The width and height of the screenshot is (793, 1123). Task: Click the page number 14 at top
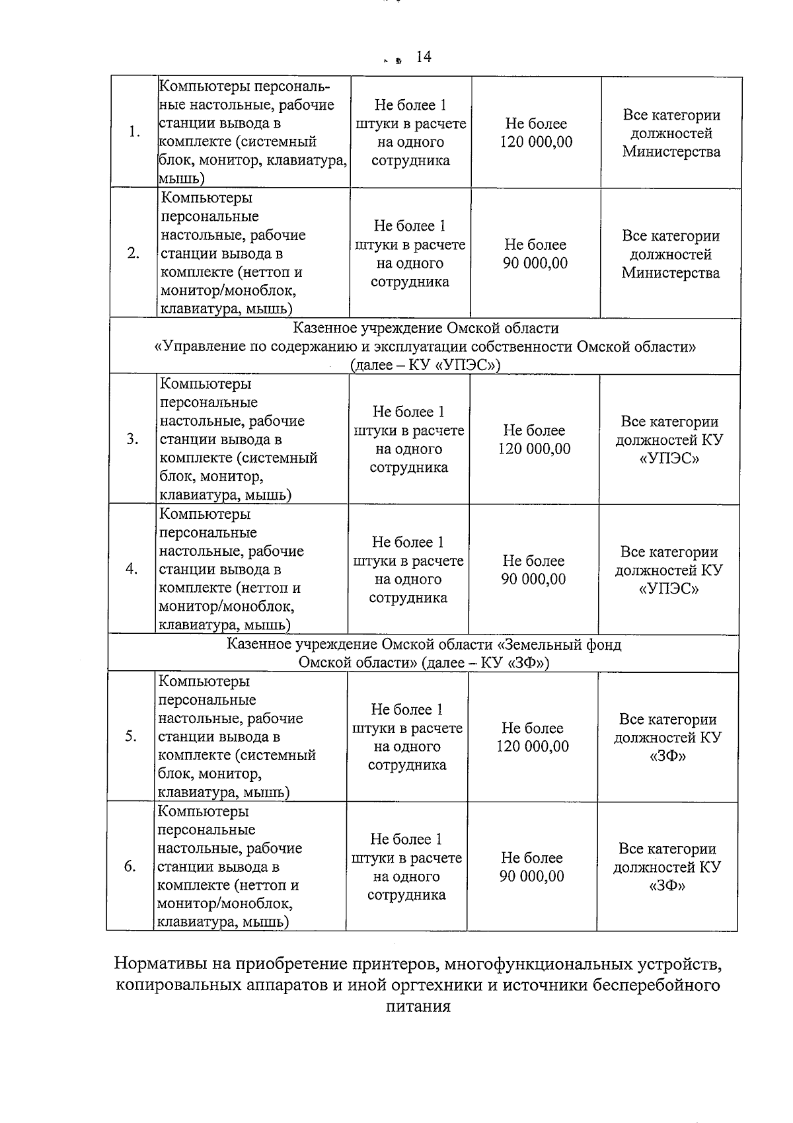424,58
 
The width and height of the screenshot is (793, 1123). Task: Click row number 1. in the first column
135,132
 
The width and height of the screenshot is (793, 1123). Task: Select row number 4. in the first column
132,569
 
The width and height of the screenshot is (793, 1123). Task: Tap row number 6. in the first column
130,867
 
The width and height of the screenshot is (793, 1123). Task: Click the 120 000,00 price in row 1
536,142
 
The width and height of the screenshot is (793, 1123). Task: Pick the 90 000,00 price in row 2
535,263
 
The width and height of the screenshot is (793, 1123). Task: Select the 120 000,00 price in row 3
534,449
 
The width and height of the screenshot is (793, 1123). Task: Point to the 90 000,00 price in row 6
532,876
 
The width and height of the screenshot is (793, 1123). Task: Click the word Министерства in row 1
671,151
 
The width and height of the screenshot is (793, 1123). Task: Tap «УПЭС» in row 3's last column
669,458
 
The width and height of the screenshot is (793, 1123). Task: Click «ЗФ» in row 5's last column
667,755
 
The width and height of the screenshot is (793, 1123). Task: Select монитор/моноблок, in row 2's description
228,291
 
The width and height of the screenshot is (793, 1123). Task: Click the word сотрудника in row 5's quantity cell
407,765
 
